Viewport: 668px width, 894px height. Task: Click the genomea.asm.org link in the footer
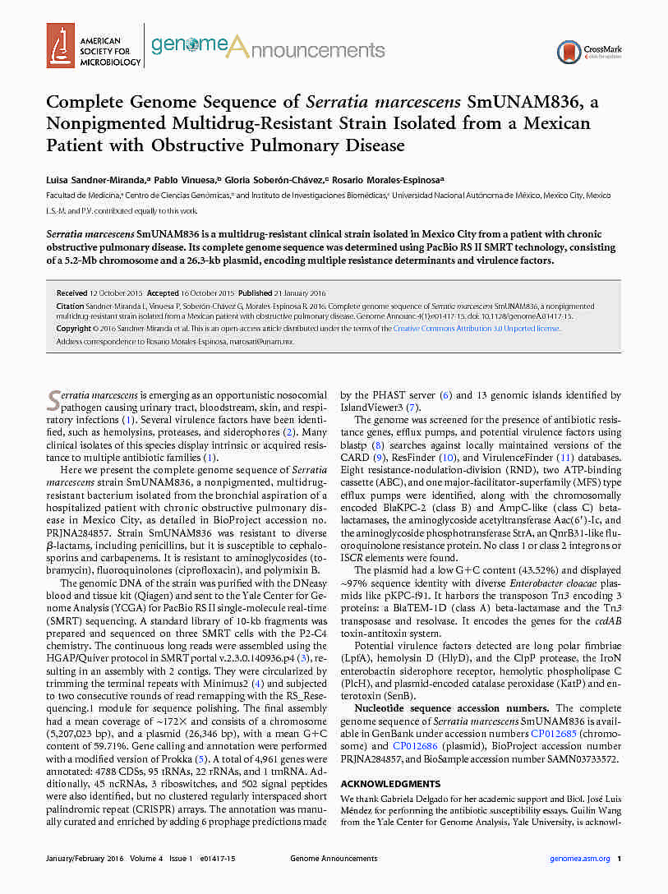point(579,859)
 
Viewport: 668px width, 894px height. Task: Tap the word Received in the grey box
point(72,293)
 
